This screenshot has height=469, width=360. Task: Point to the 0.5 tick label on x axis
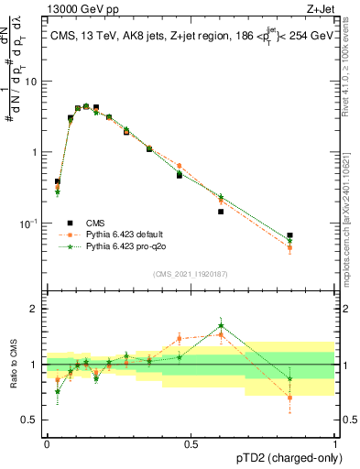click(191, 442)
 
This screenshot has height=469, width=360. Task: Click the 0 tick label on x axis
click(47, 442)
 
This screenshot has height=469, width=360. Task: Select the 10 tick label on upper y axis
click(31, 81)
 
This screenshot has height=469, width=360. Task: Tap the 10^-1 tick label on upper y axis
click(27, 223)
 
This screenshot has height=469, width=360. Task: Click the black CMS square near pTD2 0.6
click(221, 212)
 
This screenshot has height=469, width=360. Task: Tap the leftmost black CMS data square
click(58, 181)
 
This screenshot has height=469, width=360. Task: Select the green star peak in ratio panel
click(221, 324)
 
